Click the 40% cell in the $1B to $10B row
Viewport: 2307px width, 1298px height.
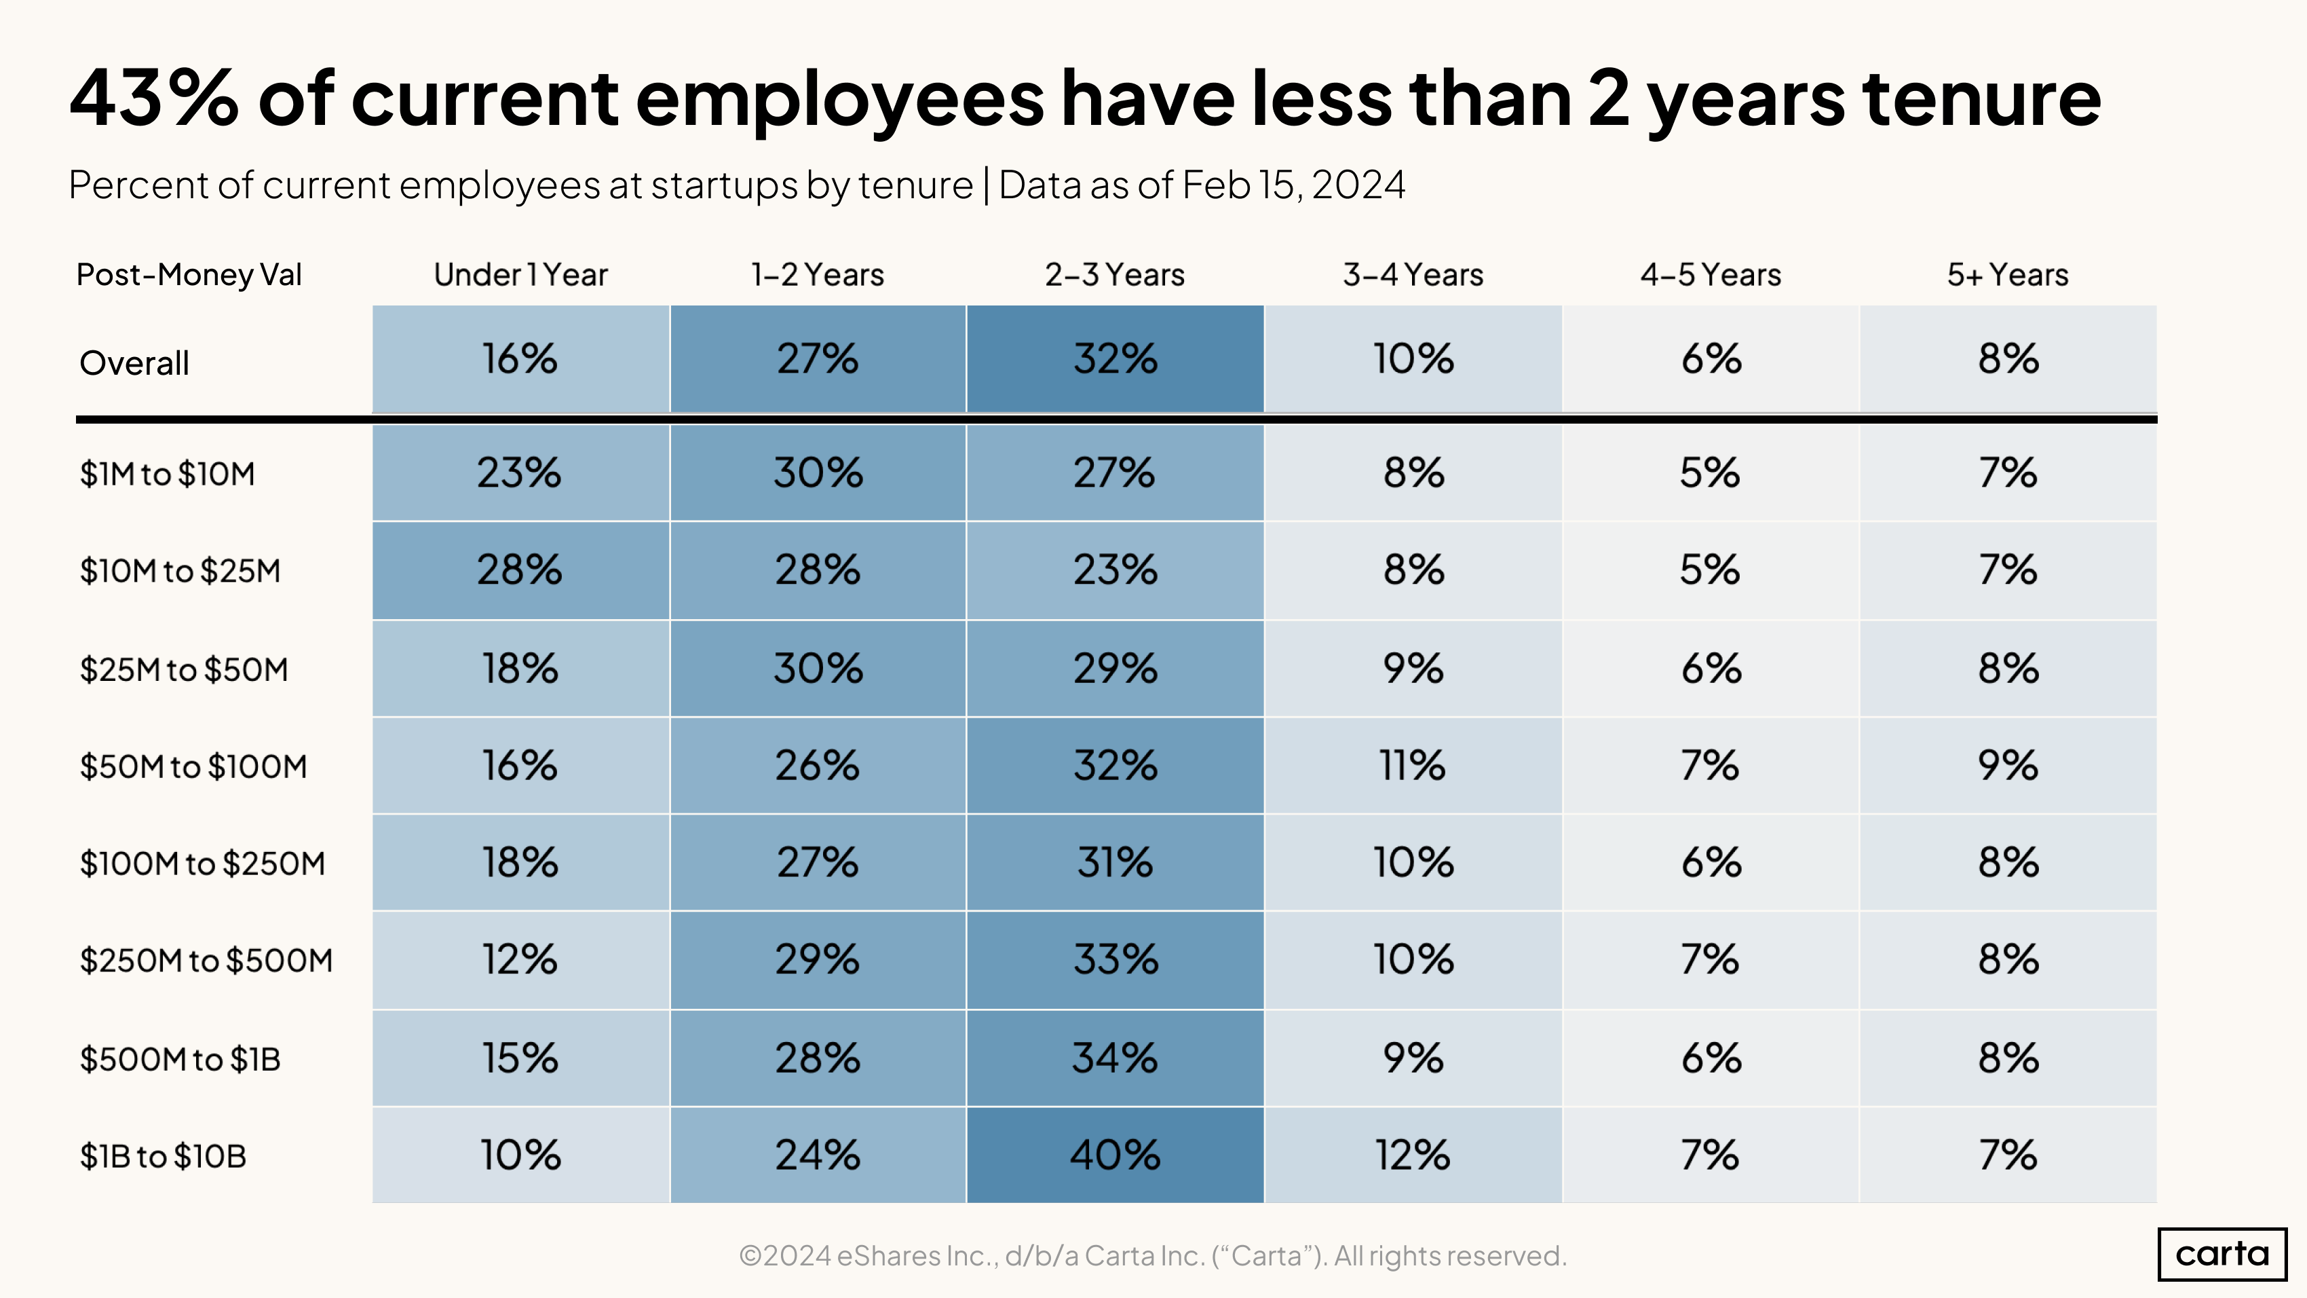1115,1155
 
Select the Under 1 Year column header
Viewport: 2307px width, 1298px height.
520,274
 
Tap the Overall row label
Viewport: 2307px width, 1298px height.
134,363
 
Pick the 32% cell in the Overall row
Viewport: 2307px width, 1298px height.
1115,358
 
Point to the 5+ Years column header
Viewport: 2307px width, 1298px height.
2007,274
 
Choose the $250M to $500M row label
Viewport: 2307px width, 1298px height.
206,961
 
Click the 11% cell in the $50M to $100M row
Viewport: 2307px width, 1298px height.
1412,766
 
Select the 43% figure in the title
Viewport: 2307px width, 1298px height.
154,98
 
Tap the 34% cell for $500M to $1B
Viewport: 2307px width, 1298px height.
1115,1058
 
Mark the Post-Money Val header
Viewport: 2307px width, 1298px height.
189,274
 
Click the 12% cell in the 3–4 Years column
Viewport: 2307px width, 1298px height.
1412,1155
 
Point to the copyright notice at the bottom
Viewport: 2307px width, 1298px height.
1153,1255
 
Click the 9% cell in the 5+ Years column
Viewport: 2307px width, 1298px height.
2008,766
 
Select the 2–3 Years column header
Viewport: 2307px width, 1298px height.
1114,274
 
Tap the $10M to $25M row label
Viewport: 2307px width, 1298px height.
180,571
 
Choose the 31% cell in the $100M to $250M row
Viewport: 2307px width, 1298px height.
1115,863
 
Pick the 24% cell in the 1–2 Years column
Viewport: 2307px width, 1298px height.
817,1155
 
